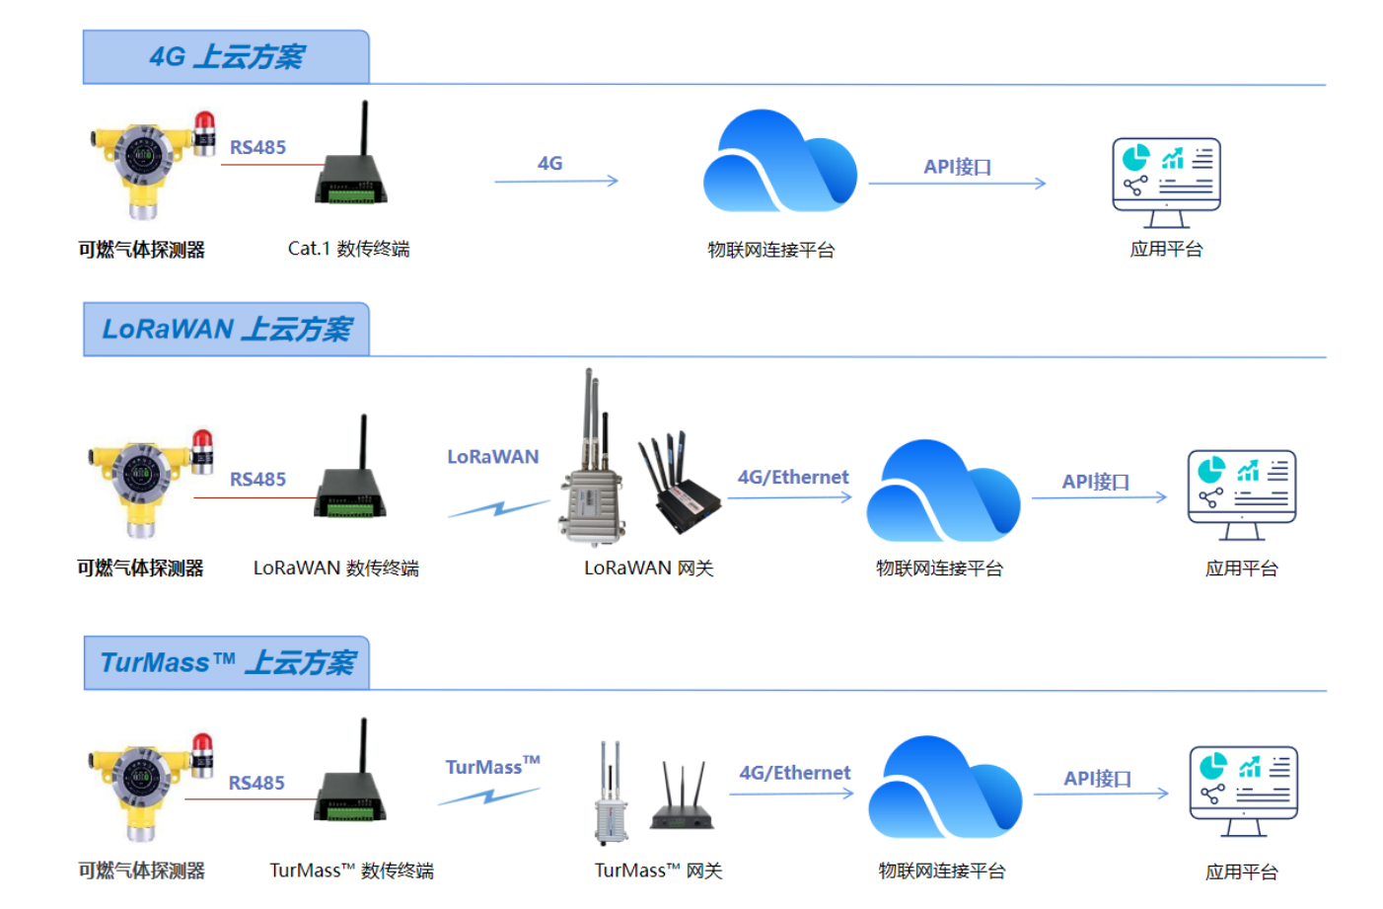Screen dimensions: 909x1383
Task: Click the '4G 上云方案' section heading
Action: point(226,57)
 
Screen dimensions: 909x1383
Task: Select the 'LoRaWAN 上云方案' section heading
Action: point(226,329)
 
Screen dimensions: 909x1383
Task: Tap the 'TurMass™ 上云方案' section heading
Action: point(227,662)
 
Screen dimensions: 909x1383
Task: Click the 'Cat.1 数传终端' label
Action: point(348,249)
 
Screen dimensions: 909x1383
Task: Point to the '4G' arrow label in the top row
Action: point(549,164)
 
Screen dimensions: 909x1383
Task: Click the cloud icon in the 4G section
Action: point(779,163)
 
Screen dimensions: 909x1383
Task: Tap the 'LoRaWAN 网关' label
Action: point(648,568)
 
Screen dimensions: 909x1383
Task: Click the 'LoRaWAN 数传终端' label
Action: point(335,568)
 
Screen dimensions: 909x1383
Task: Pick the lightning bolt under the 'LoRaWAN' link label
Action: point(499,508)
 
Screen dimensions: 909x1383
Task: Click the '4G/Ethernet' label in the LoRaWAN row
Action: point(793,478)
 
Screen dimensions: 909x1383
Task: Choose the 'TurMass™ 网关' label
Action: point(658,871)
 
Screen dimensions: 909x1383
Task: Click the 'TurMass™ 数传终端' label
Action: point(351,871)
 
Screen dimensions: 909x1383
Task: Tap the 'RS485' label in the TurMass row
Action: point(256,783)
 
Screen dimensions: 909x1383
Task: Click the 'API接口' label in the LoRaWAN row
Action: point(1095,482)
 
